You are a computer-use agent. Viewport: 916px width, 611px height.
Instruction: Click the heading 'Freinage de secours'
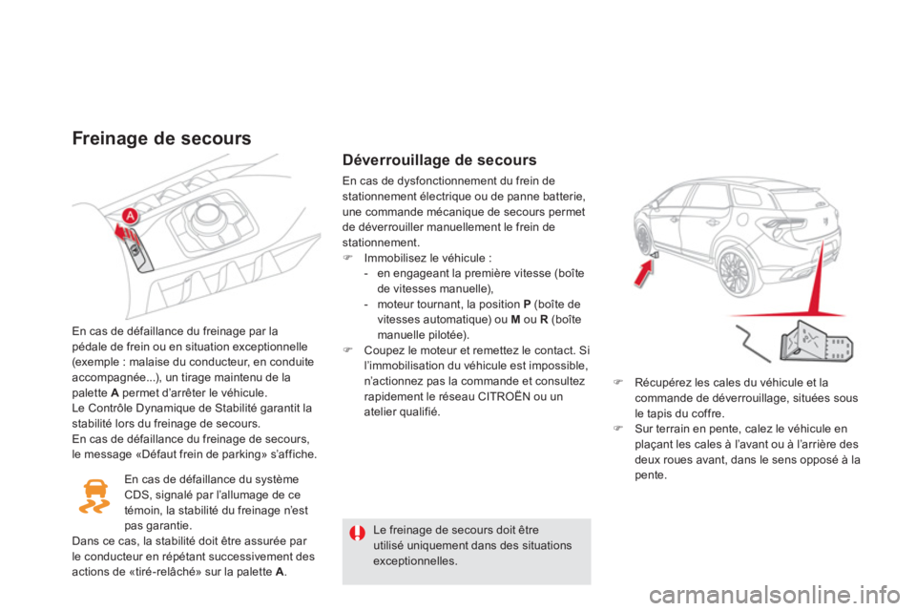[x=161, y=138]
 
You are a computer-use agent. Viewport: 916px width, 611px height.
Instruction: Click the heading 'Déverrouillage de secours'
[x=439, y=160]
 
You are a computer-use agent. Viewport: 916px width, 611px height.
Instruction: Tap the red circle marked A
[x=128, y=217]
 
